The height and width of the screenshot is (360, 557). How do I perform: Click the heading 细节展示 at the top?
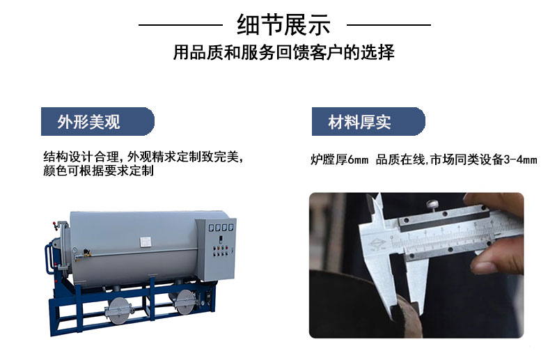tap(283, 25)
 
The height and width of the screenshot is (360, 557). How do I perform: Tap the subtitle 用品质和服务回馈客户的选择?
tap(283, 52)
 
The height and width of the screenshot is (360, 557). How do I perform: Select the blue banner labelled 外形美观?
tap(97, 122)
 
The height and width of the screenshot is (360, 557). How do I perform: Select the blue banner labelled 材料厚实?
tap(368, 122)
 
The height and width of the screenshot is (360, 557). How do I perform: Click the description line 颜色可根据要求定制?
tap(98, 171)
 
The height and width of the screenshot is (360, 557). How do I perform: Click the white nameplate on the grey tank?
tap(146, 242)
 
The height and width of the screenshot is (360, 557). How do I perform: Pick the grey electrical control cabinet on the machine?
tap(215, 249)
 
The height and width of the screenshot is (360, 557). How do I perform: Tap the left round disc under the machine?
tap(118, 311)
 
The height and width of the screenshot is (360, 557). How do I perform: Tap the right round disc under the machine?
tap(185, 302)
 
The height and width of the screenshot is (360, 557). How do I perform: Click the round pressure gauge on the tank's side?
tap(74, 250)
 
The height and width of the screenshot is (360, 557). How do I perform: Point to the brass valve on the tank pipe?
tap(86, 253)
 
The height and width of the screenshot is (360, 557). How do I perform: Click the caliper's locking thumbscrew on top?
tap(432, 205)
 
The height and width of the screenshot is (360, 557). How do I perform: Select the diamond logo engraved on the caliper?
tap(377, 244)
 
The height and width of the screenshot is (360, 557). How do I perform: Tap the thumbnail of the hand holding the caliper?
tap(416, 265)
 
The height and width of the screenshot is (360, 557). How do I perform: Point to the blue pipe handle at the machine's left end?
tap(47, 259)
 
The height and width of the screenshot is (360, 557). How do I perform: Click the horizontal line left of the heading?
tap(180, 25)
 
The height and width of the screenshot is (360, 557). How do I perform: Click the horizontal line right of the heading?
tap(389, 25)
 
